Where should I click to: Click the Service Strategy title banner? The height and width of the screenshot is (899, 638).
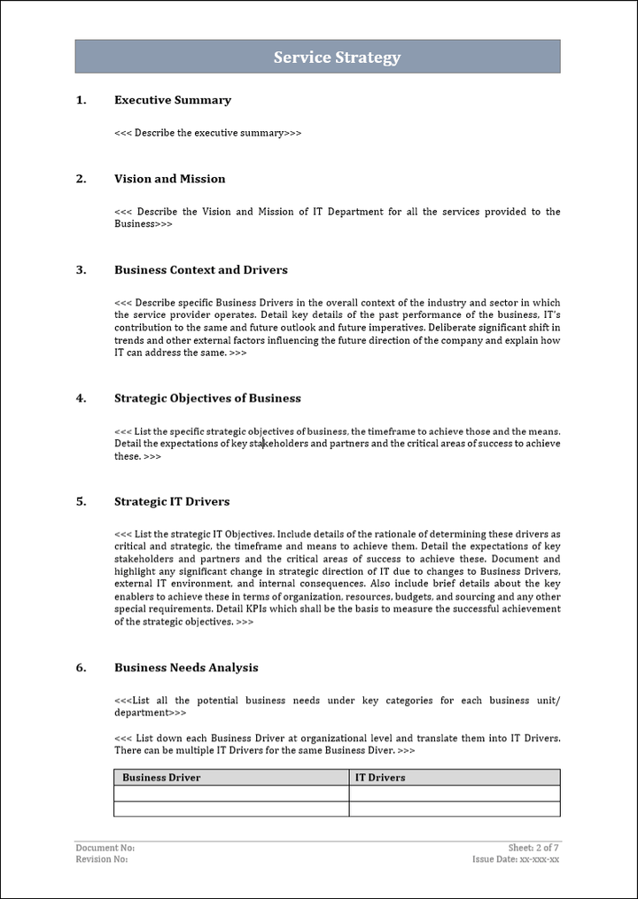[x=337, y=58]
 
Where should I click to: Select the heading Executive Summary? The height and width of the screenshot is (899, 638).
[x=173, y=100]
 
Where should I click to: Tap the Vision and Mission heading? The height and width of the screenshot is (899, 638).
[x=169, y=179]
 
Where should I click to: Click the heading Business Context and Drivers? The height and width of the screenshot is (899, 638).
[x=201, y=270]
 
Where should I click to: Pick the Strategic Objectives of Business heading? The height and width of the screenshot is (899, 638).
[x=207, y=399]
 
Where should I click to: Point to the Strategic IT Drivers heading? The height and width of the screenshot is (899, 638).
[x=172, y=501]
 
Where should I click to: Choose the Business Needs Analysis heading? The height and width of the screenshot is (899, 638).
[x=186, y=668]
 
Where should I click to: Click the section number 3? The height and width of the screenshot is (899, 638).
[x=81, y=270]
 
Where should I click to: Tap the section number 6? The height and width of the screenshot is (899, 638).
[x=81, y=668]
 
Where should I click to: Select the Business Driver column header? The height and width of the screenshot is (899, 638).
[x=161, y=778]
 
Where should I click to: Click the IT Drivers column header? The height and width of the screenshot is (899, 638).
[x=380, y=778]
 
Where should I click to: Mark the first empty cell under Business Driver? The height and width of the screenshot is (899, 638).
[x=230, y=794]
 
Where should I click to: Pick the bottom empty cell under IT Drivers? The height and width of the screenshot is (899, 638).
[x=454, y=809]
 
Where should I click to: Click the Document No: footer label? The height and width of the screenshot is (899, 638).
[x=105, y=848]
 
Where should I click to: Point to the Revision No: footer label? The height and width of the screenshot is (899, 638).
[x=102, y=859]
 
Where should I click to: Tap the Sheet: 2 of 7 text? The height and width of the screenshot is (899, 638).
[x=533, y=848]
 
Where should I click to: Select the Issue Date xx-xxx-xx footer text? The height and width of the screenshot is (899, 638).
[x=516, y=859]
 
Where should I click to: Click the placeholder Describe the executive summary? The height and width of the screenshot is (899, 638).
[x=208, y=133]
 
